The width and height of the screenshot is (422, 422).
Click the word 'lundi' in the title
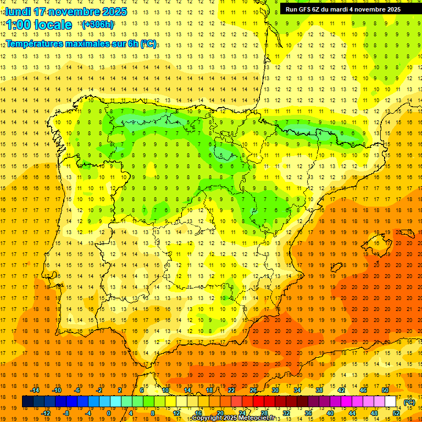coord(18,12)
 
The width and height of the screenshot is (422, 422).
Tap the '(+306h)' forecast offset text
coord(97,24)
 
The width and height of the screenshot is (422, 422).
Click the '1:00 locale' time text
coord(39,25)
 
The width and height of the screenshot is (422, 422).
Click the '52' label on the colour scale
coord(396,413)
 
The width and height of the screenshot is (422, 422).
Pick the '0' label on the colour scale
coord(109,413)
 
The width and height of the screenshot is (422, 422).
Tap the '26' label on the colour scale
coord(253,390)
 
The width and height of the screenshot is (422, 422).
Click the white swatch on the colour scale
coord(391,402)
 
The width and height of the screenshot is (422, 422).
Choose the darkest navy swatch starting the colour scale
coord(27,402)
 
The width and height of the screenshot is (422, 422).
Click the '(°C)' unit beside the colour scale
coord(409,402)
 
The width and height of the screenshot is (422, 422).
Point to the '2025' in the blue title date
coord(114,12)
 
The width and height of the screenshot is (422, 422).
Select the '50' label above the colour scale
coord(385,390)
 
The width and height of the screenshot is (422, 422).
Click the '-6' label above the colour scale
coord(77,390)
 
